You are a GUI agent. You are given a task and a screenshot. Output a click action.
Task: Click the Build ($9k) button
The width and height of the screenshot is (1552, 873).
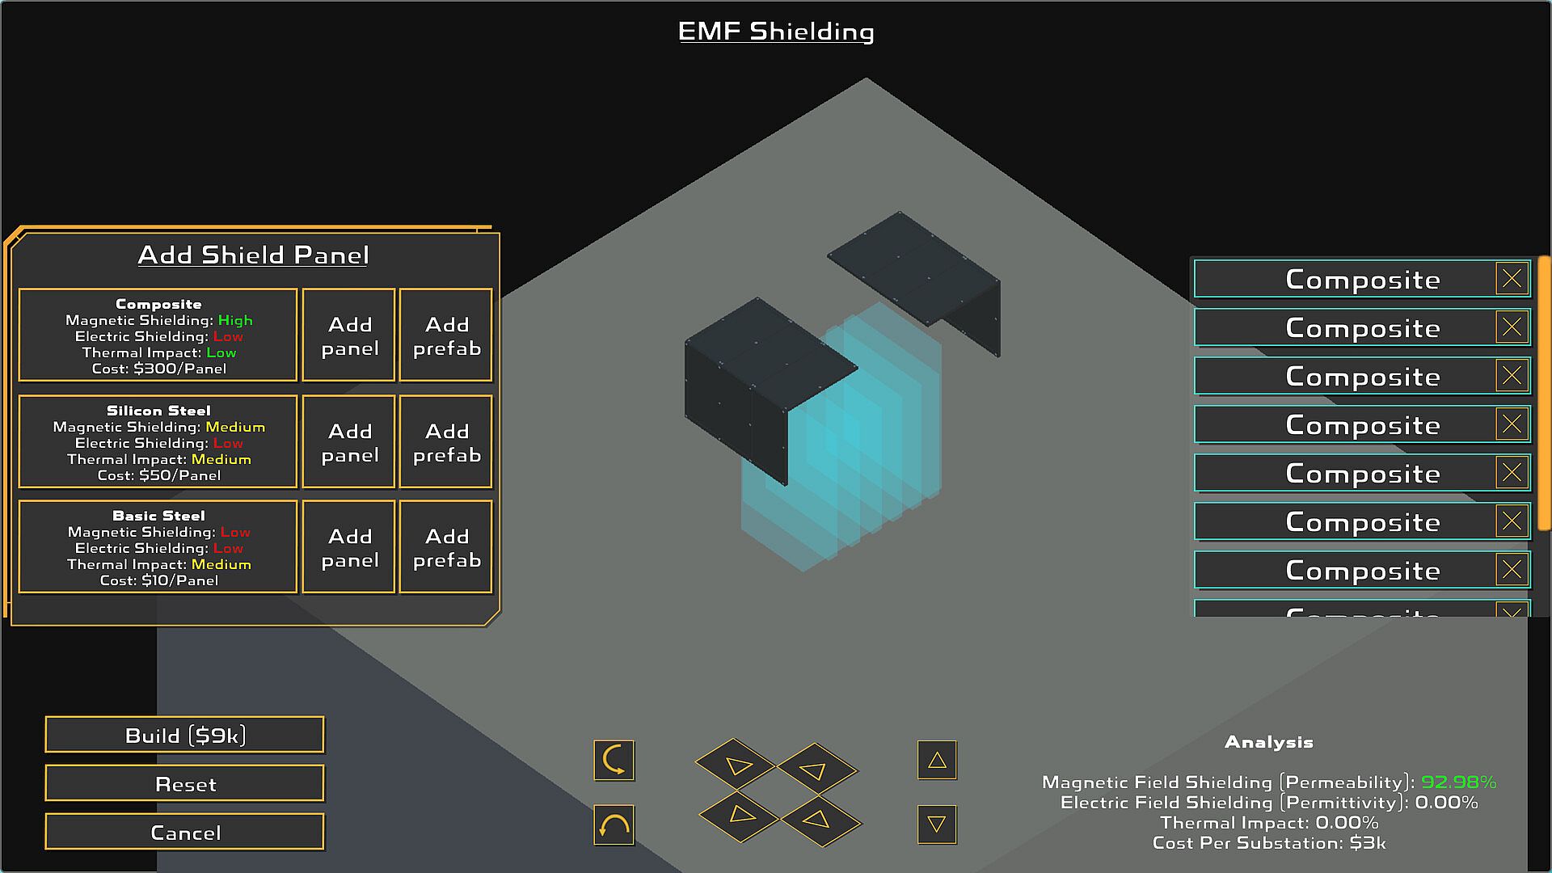(x=184, y=735)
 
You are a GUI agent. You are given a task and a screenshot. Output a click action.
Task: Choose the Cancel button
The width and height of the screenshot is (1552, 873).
(x=184, y=832)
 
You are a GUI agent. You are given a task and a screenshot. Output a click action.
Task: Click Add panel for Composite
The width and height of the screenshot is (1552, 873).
(x=349, y=335)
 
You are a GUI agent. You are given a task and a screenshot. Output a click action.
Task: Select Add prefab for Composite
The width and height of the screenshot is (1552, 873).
(x=446, y=335)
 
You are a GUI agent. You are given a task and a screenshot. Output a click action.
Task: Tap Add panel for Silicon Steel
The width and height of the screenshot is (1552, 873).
(x=349, y=442)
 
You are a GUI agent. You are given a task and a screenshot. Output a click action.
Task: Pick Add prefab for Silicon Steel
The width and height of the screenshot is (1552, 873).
(x=446, y=442)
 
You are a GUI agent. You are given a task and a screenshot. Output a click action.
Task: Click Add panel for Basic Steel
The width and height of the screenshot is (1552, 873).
(x=349, y=547)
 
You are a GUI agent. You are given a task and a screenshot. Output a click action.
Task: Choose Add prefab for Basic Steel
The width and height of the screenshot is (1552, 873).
(x=446, y=547)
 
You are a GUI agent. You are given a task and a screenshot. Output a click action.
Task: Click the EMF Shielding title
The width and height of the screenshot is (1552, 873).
(x=776, y=32)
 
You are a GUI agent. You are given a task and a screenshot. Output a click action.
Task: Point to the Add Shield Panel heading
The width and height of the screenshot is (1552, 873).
(x=253, y=255)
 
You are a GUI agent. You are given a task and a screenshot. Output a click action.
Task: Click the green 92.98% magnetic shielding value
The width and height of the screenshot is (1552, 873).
(x=1458, y=782)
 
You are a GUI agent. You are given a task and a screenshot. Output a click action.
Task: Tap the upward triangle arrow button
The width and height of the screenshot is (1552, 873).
(x=937, y=760)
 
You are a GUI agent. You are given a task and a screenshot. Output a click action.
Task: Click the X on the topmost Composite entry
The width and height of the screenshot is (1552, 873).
(x=1512, y=279)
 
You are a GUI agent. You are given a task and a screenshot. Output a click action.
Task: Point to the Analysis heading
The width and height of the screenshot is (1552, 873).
(x=1268, y=742)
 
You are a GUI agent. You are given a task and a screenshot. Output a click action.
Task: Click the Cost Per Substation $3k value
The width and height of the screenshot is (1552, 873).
(x=1368, y=843)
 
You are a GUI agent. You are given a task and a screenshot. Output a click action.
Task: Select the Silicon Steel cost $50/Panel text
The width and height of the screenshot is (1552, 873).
(x=159, y=475)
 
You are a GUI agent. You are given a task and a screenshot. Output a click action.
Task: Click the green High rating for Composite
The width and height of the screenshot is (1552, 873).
(x=235, y=320)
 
